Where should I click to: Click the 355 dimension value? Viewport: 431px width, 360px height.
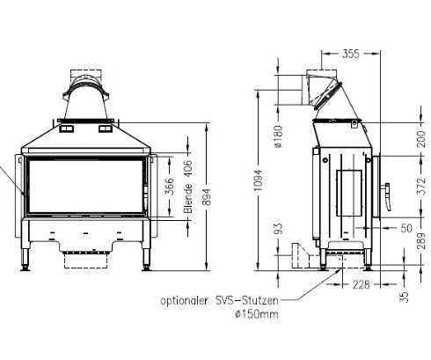point(326,55)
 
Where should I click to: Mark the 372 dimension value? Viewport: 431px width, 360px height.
point(421,187)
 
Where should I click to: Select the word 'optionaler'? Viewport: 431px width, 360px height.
point(183,299)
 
